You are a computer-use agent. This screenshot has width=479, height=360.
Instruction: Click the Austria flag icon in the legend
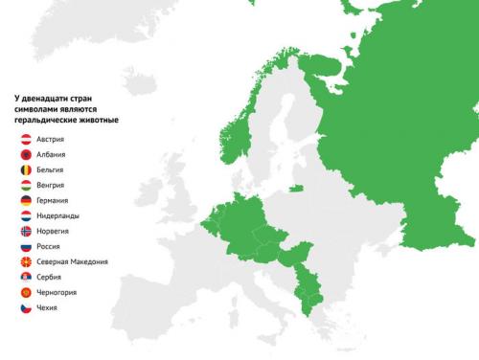click(26, 140)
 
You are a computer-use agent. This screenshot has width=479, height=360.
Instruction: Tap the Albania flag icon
click(26, 155)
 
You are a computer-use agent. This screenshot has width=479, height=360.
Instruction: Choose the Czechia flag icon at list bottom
click(26, 308)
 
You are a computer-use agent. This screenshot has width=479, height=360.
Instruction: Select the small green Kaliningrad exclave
click(296, 187)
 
